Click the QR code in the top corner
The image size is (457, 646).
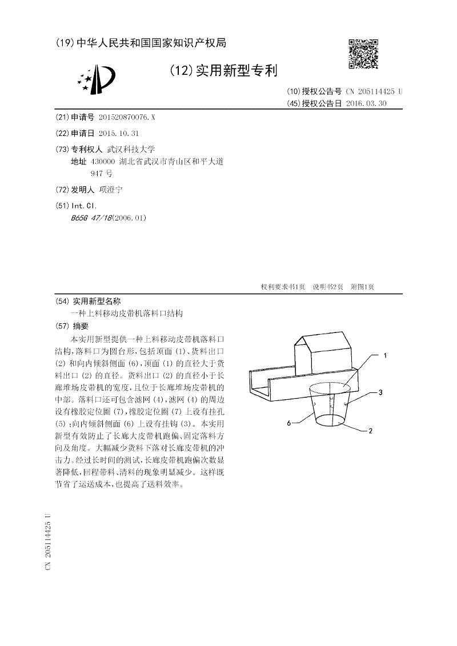(x=363, y=54)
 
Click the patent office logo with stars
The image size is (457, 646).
(x=97, y=79)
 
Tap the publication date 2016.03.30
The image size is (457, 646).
(x=366, y=103)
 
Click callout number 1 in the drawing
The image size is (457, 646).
(x=385, y=355)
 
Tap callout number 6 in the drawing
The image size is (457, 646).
(x=289, y=423)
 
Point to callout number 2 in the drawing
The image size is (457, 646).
(x=371, y=431)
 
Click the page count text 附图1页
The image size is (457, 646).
(x=362, y=287)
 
